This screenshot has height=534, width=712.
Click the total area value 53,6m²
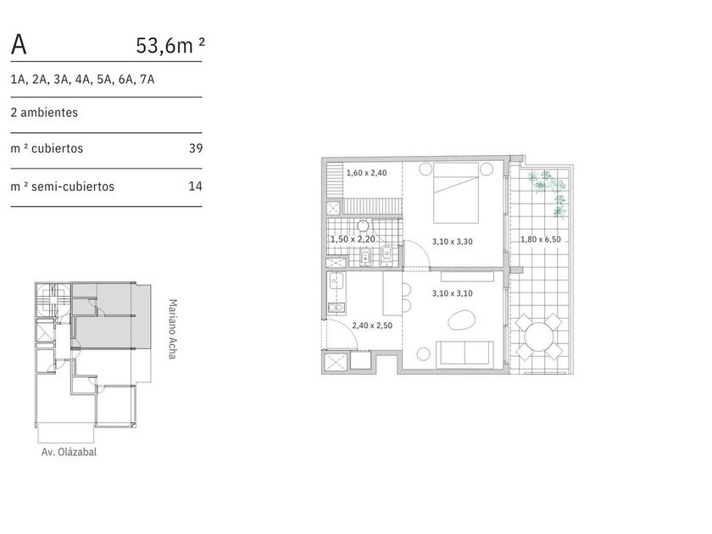[x=170, y=46]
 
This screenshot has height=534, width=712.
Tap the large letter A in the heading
[x=19, y=44]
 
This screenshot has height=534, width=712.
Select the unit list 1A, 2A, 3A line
[x=83, y=80]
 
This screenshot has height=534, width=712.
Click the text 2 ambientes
[x=44, y=112]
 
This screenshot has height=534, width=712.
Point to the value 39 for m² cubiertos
[x=196, y=148]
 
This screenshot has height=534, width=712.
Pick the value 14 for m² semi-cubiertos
[x=195, y=186]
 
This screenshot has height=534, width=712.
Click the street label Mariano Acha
[x=172, y=329]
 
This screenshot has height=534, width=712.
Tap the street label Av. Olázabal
[x=69, y=452]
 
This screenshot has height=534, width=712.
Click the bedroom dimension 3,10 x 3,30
[x=453, y=242]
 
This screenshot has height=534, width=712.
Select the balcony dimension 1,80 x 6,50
[x=541, y=239]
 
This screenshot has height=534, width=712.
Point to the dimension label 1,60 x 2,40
[x=366, y=173]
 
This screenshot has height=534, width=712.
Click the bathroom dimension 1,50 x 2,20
[x=353, y=239]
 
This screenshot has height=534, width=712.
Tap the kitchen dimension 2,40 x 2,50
[x=372, y=325]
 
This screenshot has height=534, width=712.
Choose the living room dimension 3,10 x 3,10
[x=453, y=293]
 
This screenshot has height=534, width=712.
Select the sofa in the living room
[x=464, y=353]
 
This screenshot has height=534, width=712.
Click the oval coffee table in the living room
[x=461, y=320]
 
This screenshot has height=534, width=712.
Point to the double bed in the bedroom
[x=456, y=192]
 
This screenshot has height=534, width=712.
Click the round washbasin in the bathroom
[x=363, y=225]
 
